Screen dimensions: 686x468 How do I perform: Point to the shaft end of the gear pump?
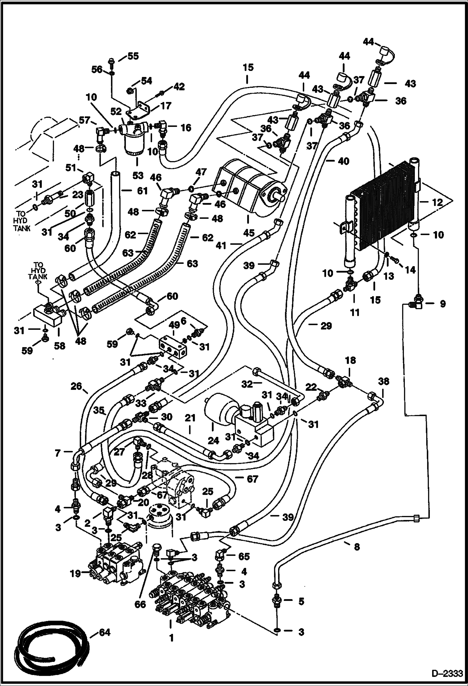click(x=279, y=198)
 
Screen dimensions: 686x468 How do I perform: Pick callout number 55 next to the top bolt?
click(x=133, y=57)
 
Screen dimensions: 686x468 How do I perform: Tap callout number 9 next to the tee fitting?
click(x=442, y=303)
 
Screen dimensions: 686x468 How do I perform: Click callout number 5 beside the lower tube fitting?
click(x=301, y=601)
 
